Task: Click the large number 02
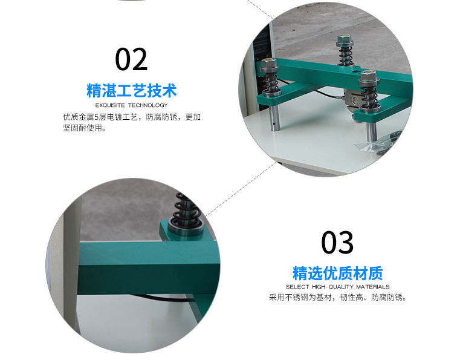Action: [131, 60]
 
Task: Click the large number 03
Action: [337, 243]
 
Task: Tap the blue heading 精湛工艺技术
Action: [131, 90]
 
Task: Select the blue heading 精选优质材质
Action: [338, 273]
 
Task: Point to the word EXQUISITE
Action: [110, 105]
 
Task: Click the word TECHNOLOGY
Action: [148, 105]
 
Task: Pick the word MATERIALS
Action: [373, 287]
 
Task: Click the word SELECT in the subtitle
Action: [297, 287]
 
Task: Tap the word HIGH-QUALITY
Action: [332, 287]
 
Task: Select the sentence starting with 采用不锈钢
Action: [339, 298]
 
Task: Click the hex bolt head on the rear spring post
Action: [345, 39]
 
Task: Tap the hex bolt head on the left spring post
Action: [268, 64]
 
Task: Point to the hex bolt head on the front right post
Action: [369, 76]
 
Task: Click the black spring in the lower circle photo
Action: [186, 209]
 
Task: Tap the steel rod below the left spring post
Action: [275, 118]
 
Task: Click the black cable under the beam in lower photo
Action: [164, 298]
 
